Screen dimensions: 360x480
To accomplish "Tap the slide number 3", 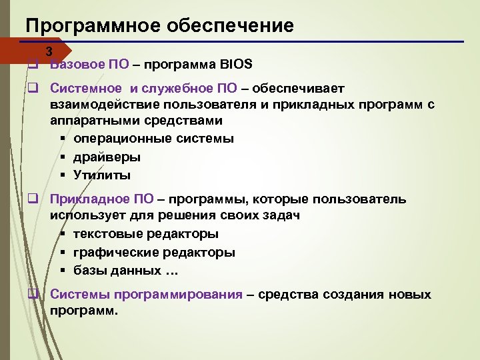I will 48,52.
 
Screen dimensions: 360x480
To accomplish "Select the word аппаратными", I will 91,121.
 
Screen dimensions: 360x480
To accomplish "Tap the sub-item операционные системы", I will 153,139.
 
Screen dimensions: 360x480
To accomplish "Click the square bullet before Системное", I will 31,88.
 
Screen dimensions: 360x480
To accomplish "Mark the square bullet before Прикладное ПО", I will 31,199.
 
